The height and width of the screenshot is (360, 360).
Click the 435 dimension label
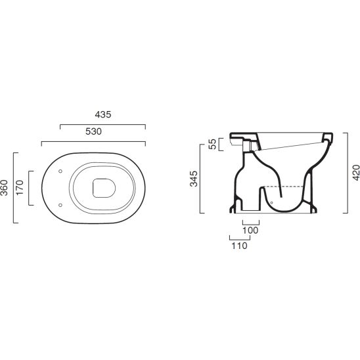click(103, 114)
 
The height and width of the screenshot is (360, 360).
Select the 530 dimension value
click(93, 131)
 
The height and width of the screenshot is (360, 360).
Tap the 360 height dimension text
click(5, 188)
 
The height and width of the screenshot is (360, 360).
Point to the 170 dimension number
click(20, 188)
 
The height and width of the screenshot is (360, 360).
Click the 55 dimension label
click(213, 144)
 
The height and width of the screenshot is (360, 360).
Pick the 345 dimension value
click(194, 179)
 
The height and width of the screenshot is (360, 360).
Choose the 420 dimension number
click(356, 172)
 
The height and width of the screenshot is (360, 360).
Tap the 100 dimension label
click(250, 231)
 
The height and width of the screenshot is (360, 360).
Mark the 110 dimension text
click(240, 246)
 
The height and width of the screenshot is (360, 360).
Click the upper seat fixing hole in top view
click(60, 171)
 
